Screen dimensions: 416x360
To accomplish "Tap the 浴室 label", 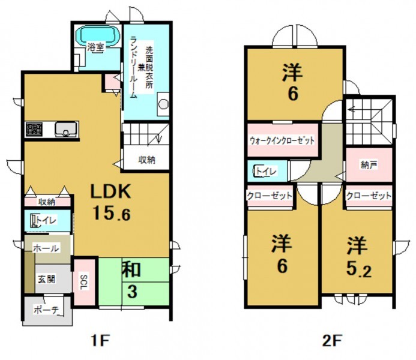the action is pos(95,48).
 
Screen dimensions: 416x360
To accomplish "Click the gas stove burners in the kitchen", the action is pos(34,129).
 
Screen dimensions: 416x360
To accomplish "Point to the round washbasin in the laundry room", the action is pos(164,104).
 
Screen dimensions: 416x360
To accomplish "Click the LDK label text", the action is pos(110,191).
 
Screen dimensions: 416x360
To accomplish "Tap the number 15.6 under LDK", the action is pos(112,214).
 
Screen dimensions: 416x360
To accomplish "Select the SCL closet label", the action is pos(84,282).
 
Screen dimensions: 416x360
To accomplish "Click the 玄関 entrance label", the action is pos(47,279).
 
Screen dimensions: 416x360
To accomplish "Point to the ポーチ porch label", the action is pos(46,310).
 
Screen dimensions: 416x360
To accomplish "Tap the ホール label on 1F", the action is pos(46,248).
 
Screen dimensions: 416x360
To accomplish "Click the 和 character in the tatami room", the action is pos(131,270).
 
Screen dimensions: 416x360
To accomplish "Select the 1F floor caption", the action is pos(100,342).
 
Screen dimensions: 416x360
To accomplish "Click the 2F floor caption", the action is pos(331,342).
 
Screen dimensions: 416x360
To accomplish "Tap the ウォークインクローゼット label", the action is pos(282,140).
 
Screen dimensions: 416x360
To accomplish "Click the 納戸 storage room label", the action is pos(369,165).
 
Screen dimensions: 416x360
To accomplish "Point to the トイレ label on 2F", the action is pos(266,171).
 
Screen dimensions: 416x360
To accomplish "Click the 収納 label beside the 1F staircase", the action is pos(146,160).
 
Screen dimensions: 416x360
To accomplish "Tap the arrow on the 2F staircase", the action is pos(352,109).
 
